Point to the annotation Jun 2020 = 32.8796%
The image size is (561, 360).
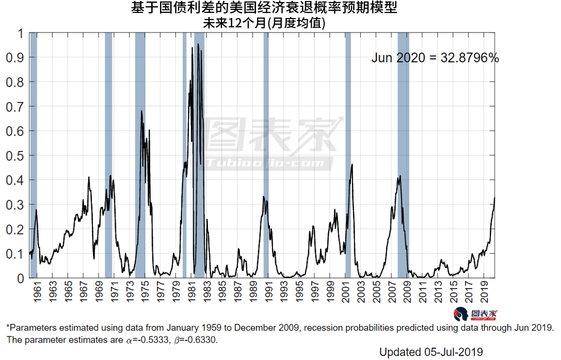435,58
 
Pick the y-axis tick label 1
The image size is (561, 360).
20,34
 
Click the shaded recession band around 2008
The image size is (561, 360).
403,155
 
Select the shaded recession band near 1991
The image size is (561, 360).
266,155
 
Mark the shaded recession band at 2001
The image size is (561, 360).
348,155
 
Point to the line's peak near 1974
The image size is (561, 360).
141,111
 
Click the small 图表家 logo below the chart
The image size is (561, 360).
477,314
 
